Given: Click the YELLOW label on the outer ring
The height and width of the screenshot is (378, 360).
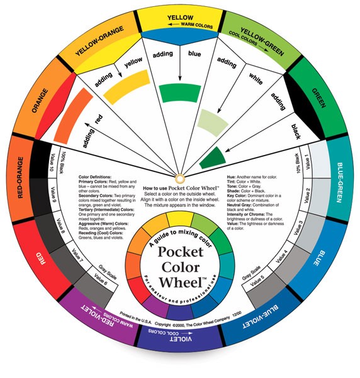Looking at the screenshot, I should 179,18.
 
